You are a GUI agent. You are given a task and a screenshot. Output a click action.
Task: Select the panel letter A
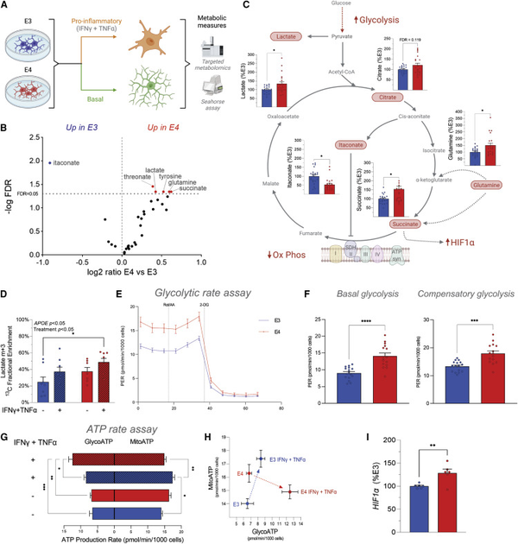coord(7,6)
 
